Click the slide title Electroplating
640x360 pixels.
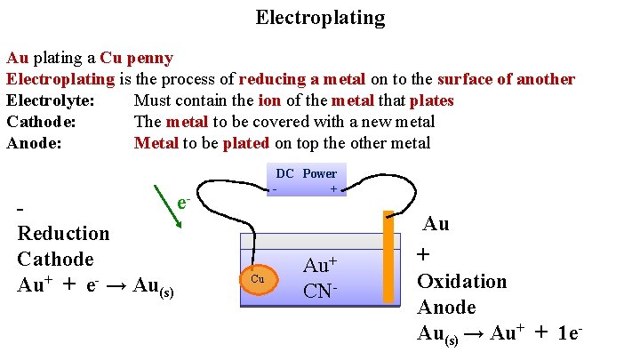(320, 18)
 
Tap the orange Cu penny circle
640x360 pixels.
(259, 279)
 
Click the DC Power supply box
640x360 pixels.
(306, 180)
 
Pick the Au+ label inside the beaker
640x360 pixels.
(320, 265)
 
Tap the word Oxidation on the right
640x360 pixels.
(461, 281)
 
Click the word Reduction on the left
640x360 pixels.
(64, 234)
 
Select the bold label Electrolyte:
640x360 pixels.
(49, 100)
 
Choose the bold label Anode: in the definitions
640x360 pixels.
(35, 143)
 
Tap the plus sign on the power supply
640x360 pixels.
(332, 189)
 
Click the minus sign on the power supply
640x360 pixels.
(275, 189)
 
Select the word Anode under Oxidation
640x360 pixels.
(446, 308)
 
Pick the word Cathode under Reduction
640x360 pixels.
(55, 260)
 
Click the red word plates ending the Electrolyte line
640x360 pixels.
(431, 100)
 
